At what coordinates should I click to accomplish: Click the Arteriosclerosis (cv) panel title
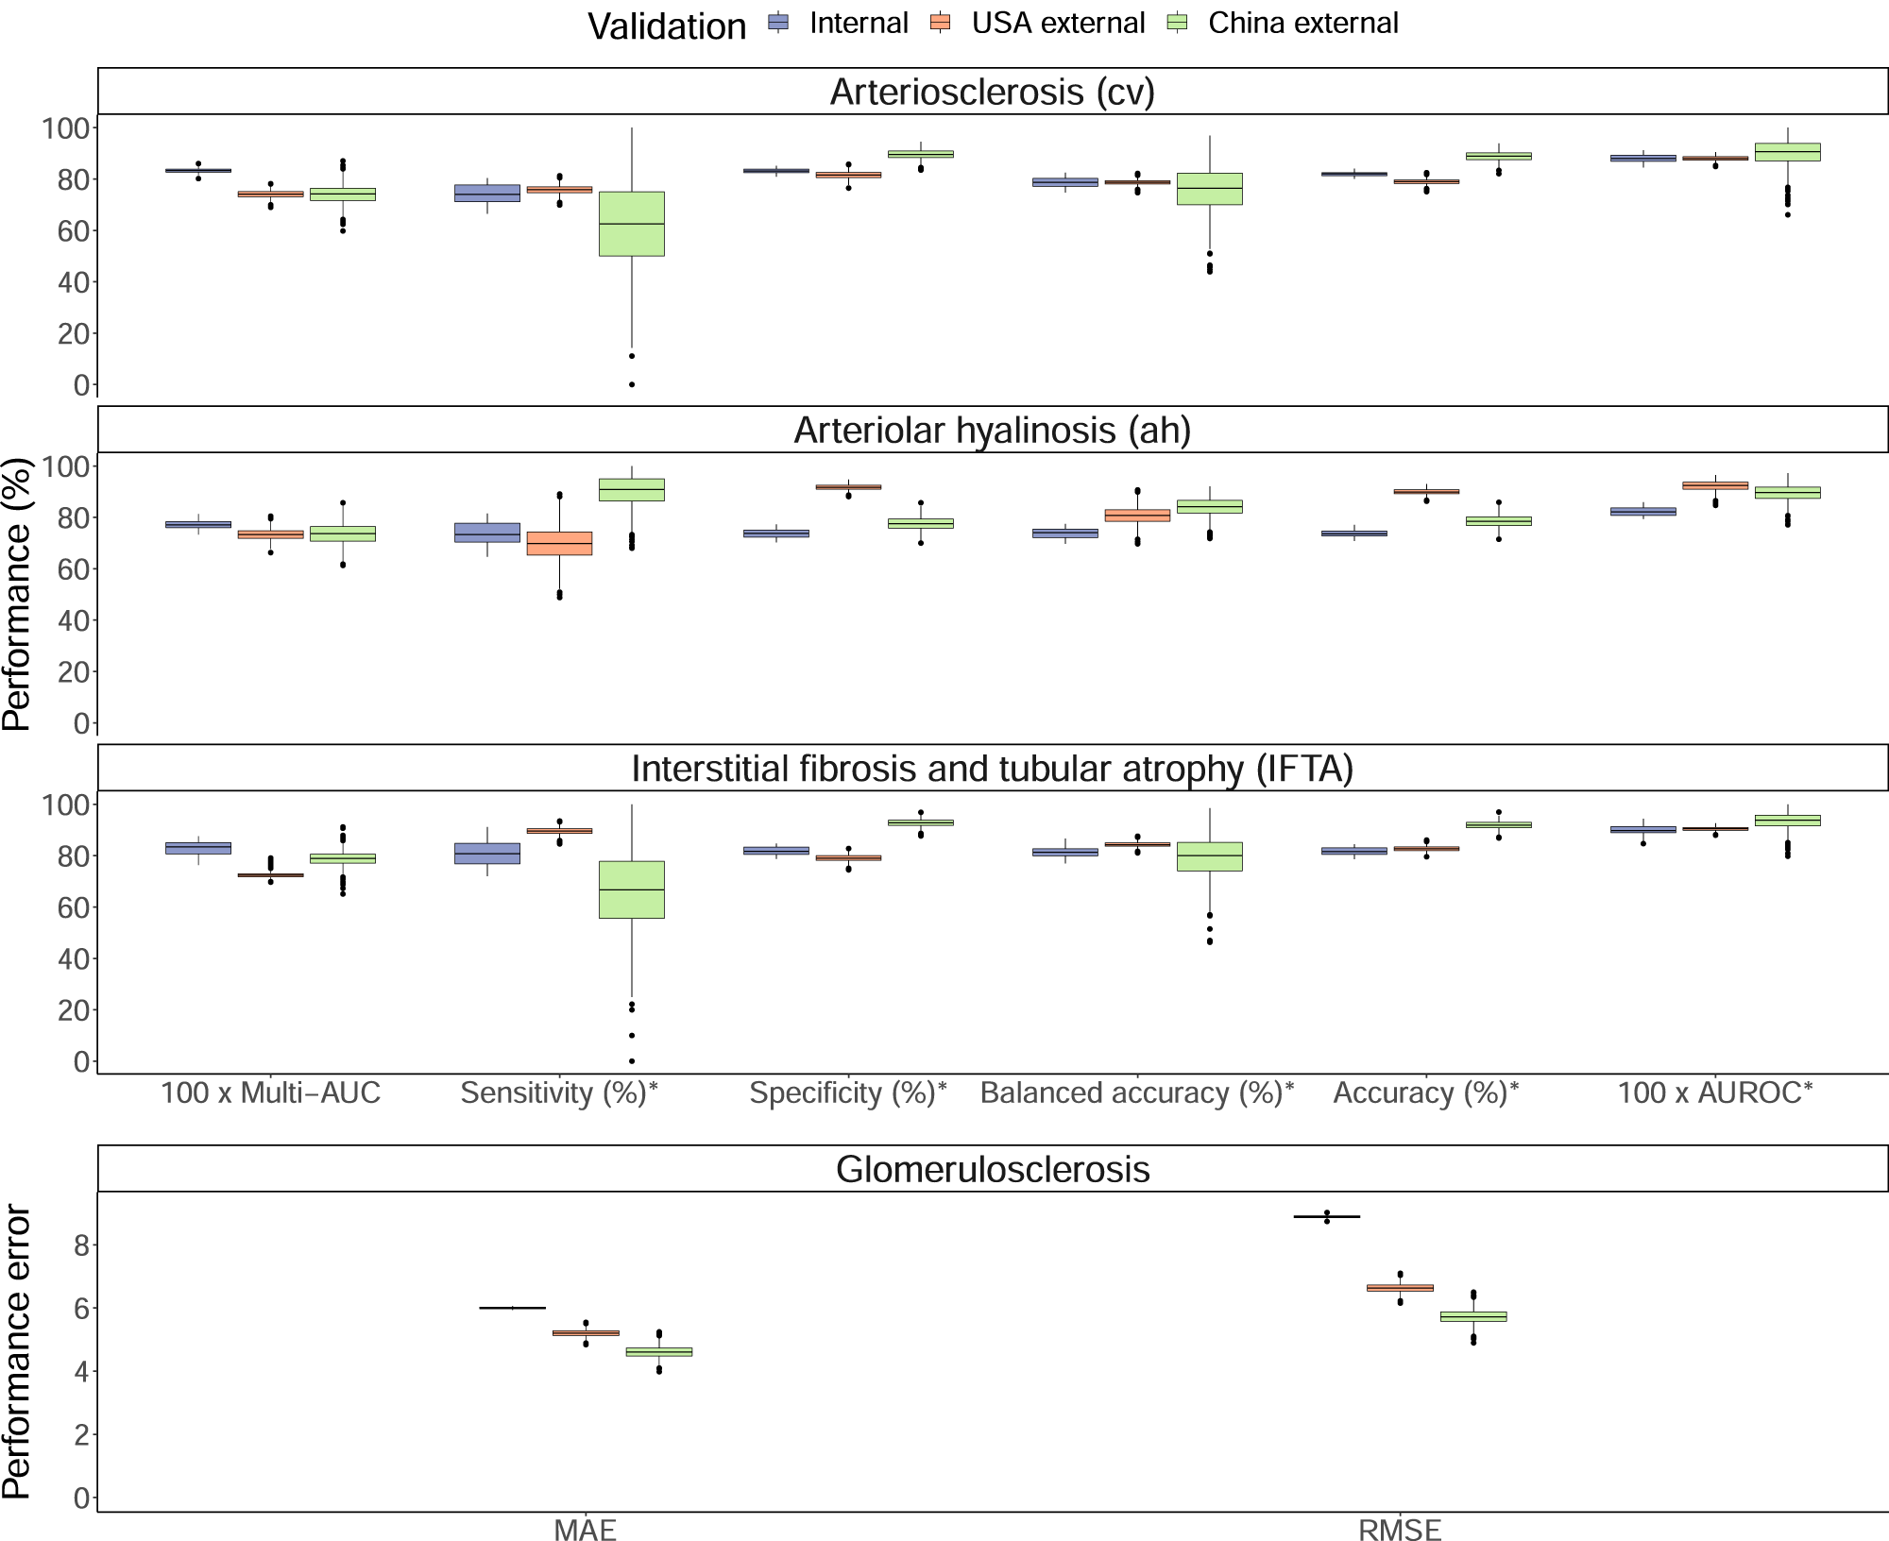[x=992, y=92]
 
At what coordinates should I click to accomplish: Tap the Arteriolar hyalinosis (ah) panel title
[x=992, y=431]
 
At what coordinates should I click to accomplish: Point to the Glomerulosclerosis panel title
[x=992, y=1170]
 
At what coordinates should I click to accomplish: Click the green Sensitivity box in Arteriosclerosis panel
[x=632, y=224]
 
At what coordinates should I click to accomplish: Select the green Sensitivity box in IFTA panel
[x=632, y=889]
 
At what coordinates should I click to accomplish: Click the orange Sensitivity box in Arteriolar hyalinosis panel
[x=559, y=544]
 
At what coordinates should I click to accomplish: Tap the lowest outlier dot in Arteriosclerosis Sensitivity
[x=632, y=384]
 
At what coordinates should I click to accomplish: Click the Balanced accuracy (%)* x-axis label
[x=1137, y=1093]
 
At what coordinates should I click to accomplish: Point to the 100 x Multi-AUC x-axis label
[x=270, y=1093]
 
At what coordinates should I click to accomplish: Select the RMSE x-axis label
[x=1399, y=1531]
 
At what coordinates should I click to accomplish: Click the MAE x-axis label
[x=585, y=1531]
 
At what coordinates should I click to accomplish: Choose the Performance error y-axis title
[x=17, y=1352]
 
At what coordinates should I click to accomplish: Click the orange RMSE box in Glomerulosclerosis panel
[x=1400, y=1288]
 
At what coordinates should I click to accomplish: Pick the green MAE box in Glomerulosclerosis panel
[x=659, y=1352]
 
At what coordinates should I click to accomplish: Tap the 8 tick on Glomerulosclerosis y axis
[x=81, y=1246]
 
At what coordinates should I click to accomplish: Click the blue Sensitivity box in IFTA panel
[x=487, y=854]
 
